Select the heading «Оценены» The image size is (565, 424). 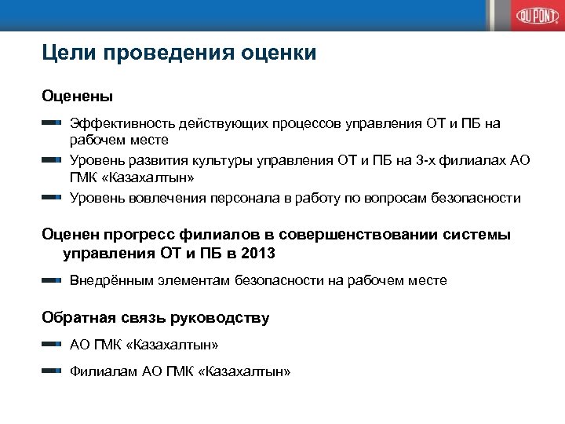click(77, 97)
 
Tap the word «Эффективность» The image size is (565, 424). click(121, 123)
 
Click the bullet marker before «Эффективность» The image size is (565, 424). click(52, 123)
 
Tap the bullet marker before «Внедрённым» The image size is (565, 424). click(52, 280)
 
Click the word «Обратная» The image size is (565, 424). click(77, 318)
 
